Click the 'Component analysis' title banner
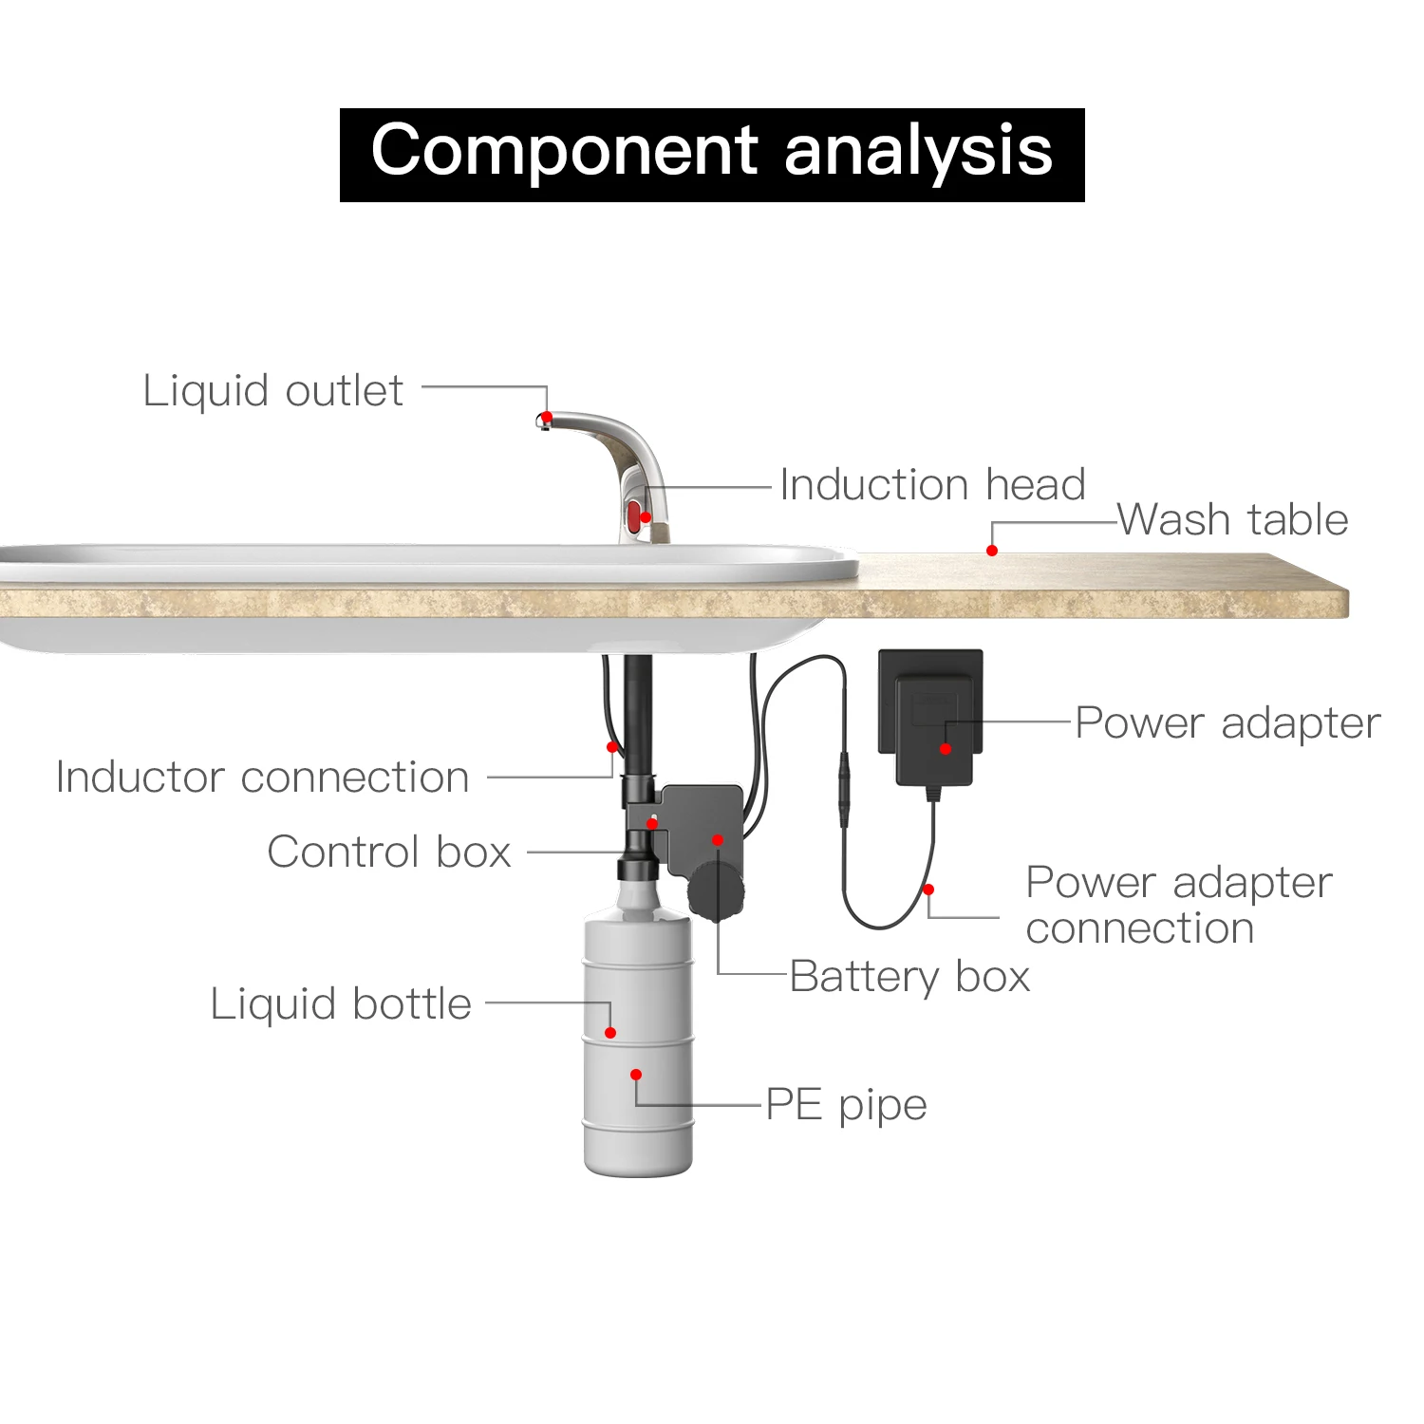pyautogui.click(x=712, y=155)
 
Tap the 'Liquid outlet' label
pyautogui.click(x=273, y=391)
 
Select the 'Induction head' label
pyautogui.click(x=932, y=485)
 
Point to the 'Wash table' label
pyautogui.click(x=1232, y=520)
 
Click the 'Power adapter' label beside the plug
pyautogui.click(x=1227, y=723)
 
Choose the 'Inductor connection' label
pyautogui.click(x=262, y=778)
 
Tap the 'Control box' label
pyautogui.click(x=389, y=852)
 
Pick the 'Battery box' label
pyautogui.click(x=909, y=977)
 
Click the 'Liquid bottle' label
pyautogui.click(x=341, y=1004)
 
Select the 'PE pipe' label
pyautogui.click(x=846, y=1105)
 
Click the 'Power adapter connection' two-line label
pyautogui.click(x=1179, y=905)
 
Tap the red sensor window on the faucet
pyautogui.click(x=633, y=518)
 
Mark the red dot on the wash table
pyautogui.click(x=992, y=551)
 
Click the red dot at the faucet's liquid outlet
pyautogui.click(x=547, y=418)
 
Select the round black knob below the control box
pyautogui.click(x=715, y=890)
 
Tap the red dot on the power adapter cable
pyautogui.click(x=928, y=890)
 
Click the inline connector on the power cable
pyautogui.click(x=842, y=788)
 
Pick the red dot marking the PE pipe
pyautogui.click(x=636, y=1075)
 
